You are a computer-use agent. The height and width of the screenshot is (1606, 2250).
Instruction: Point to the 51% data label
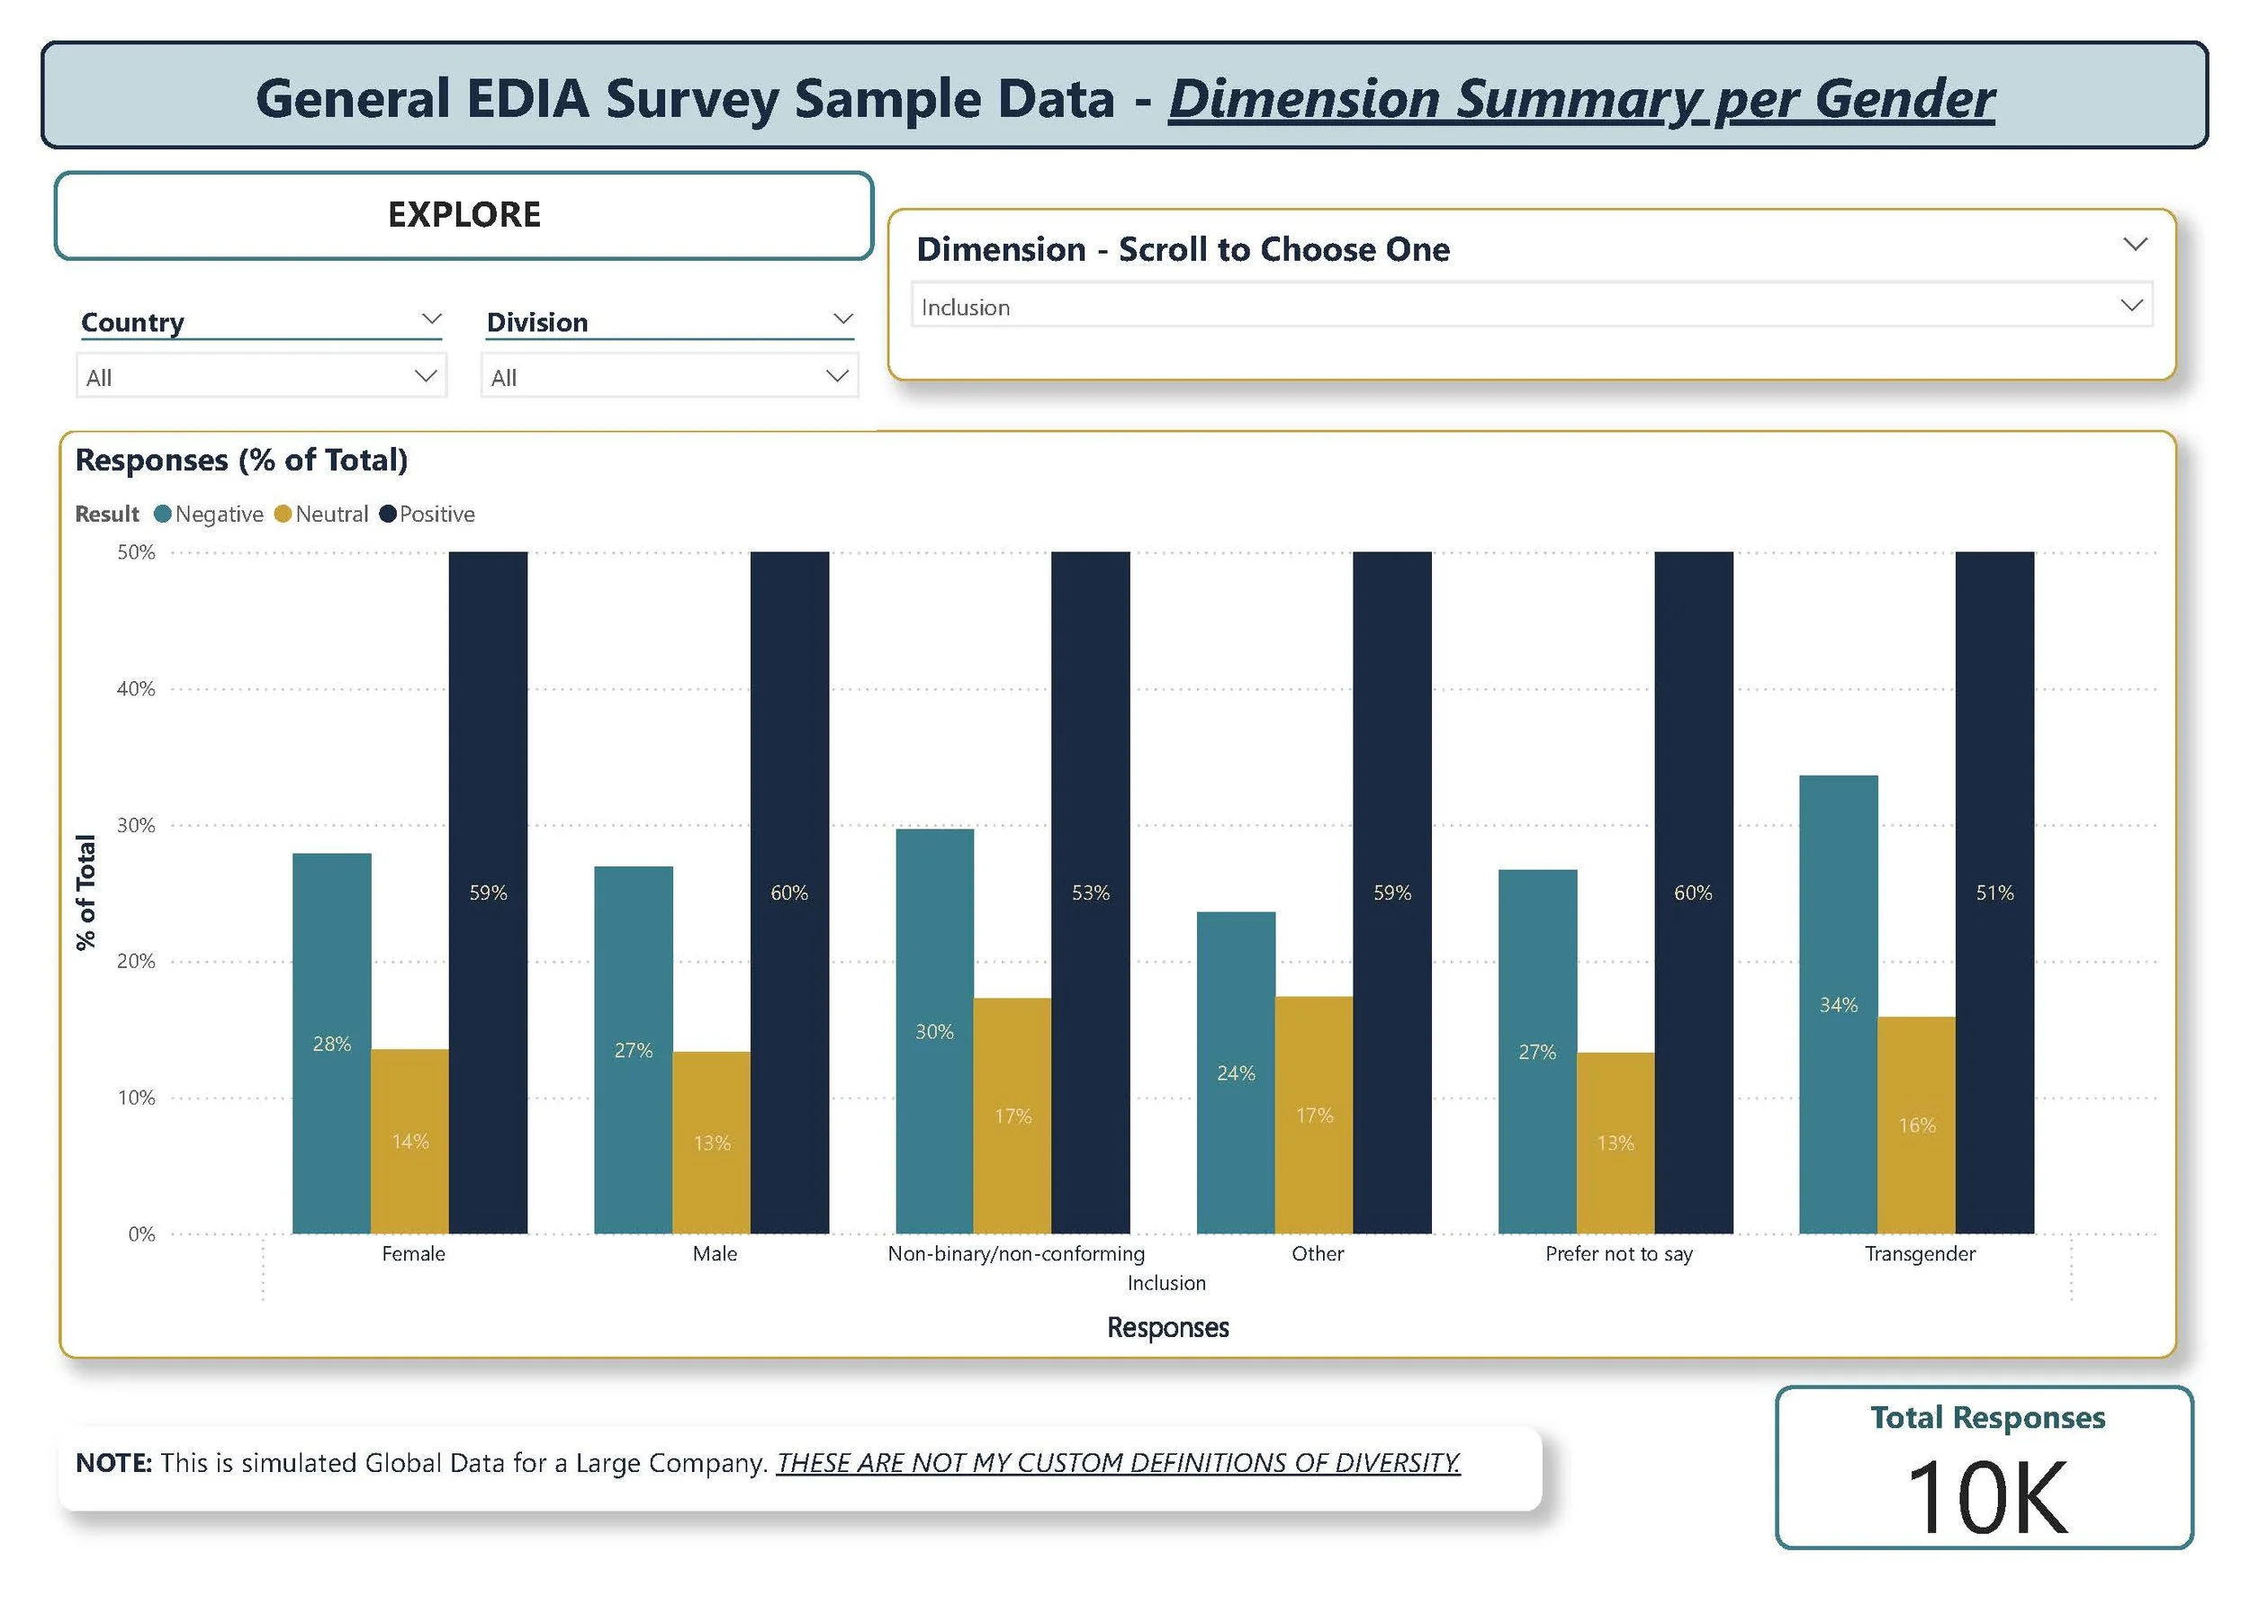(1993, 893)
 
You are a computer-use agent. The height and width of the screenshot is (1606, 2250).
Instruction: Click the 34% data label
(1838, 1005)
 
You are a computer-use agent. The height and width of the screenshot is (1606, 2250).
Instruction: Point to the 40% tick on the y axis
(136, 689)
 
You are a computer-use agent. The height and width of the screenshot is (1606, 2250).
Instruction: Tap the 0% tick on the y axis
(141, 1234)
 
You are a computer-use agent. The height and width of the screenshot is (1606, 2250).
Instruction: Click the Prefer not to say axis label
(1618, 1254)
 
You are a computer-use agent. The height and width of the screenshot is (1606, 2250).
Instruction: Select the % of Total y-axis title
(86, 892)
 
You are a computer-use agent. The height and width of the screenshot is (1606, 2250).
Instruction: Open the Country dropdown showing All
(261, 377)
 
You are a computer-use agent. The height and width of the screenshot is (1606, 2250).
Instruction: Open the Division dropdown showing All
(669, 377)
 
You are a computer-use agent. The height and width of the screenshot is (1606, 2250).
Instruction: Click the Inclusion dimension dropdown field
(1530, 307)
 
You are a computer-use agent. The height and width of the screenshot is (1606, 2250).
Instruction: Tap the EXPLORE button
(463, 216)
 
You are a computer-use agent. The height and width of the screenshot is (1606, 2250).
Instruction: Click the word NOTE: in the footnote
(113, 1463)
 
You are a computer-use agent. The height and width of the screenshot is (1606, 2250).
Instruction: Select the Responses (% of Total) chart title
(241, 460)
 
